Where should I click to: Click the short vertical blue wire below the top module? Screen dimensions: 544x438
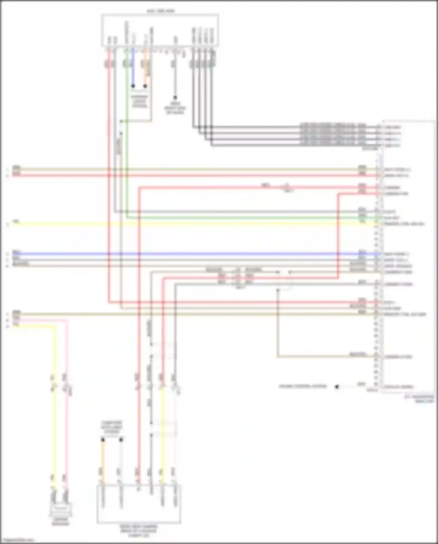tap(133, 67)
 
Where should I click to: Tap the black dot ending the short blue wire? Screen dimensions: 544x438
tap(133, 86)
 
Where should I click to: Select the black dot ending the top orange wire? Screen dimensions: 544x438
tap(145, 86)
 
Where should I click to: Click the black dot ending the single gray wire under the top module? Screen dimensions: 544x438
tap(175, 97)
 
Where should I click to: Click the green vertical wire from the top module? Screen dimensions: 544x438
tap(127, 146)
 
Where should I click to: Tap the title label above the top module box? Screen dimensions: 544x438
tap(160, 11)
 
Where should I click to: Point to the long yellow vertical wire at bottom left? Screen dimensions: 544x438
tap(54, 409)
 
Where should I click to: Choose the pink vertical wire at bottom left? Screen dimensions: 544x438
tap(67, 409)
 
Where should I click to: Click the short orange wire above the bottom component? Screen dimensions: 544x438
tap(102, 459)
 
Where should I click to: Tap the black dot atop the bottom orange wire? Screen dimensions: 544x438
tap(102, 440)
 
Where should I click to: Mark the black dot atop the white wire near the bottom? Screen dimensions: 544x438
tap(121, 440)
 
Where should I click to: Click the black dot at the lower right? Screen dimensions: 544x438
tap(337, 386)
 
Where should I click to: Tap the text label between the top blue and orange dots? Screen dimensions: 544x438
tap(139, 101)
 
